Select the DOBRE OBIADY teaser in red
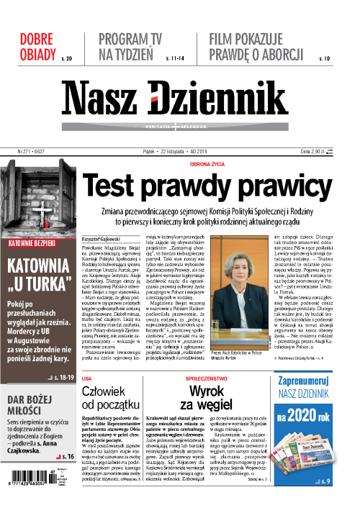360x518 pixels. coord(36,45)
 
